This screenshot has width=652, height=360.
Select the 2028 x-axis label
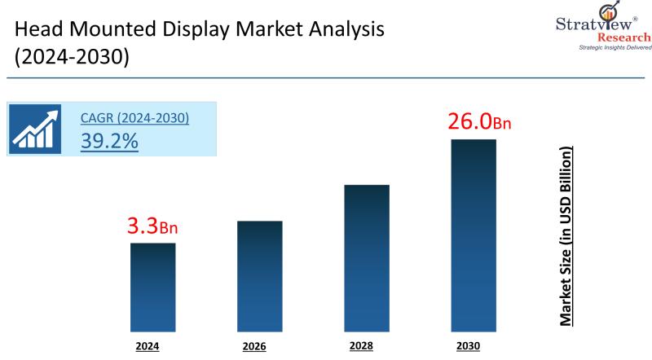tap(361, 346)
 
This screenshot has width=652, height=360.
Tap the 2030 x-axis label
tap(469, 346)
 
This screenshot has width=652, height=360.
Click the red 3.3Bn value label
tap(152, 227)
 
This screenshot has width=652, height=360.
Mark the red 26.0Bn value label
tap(478, 122)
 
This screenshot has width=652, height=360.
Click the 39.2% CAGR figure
tap(109, 140)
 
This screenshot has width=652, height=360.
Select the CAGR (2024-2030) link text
tap(134, 118)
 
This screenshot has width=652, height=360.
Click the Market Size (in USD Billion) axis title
tap(566, 236)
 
